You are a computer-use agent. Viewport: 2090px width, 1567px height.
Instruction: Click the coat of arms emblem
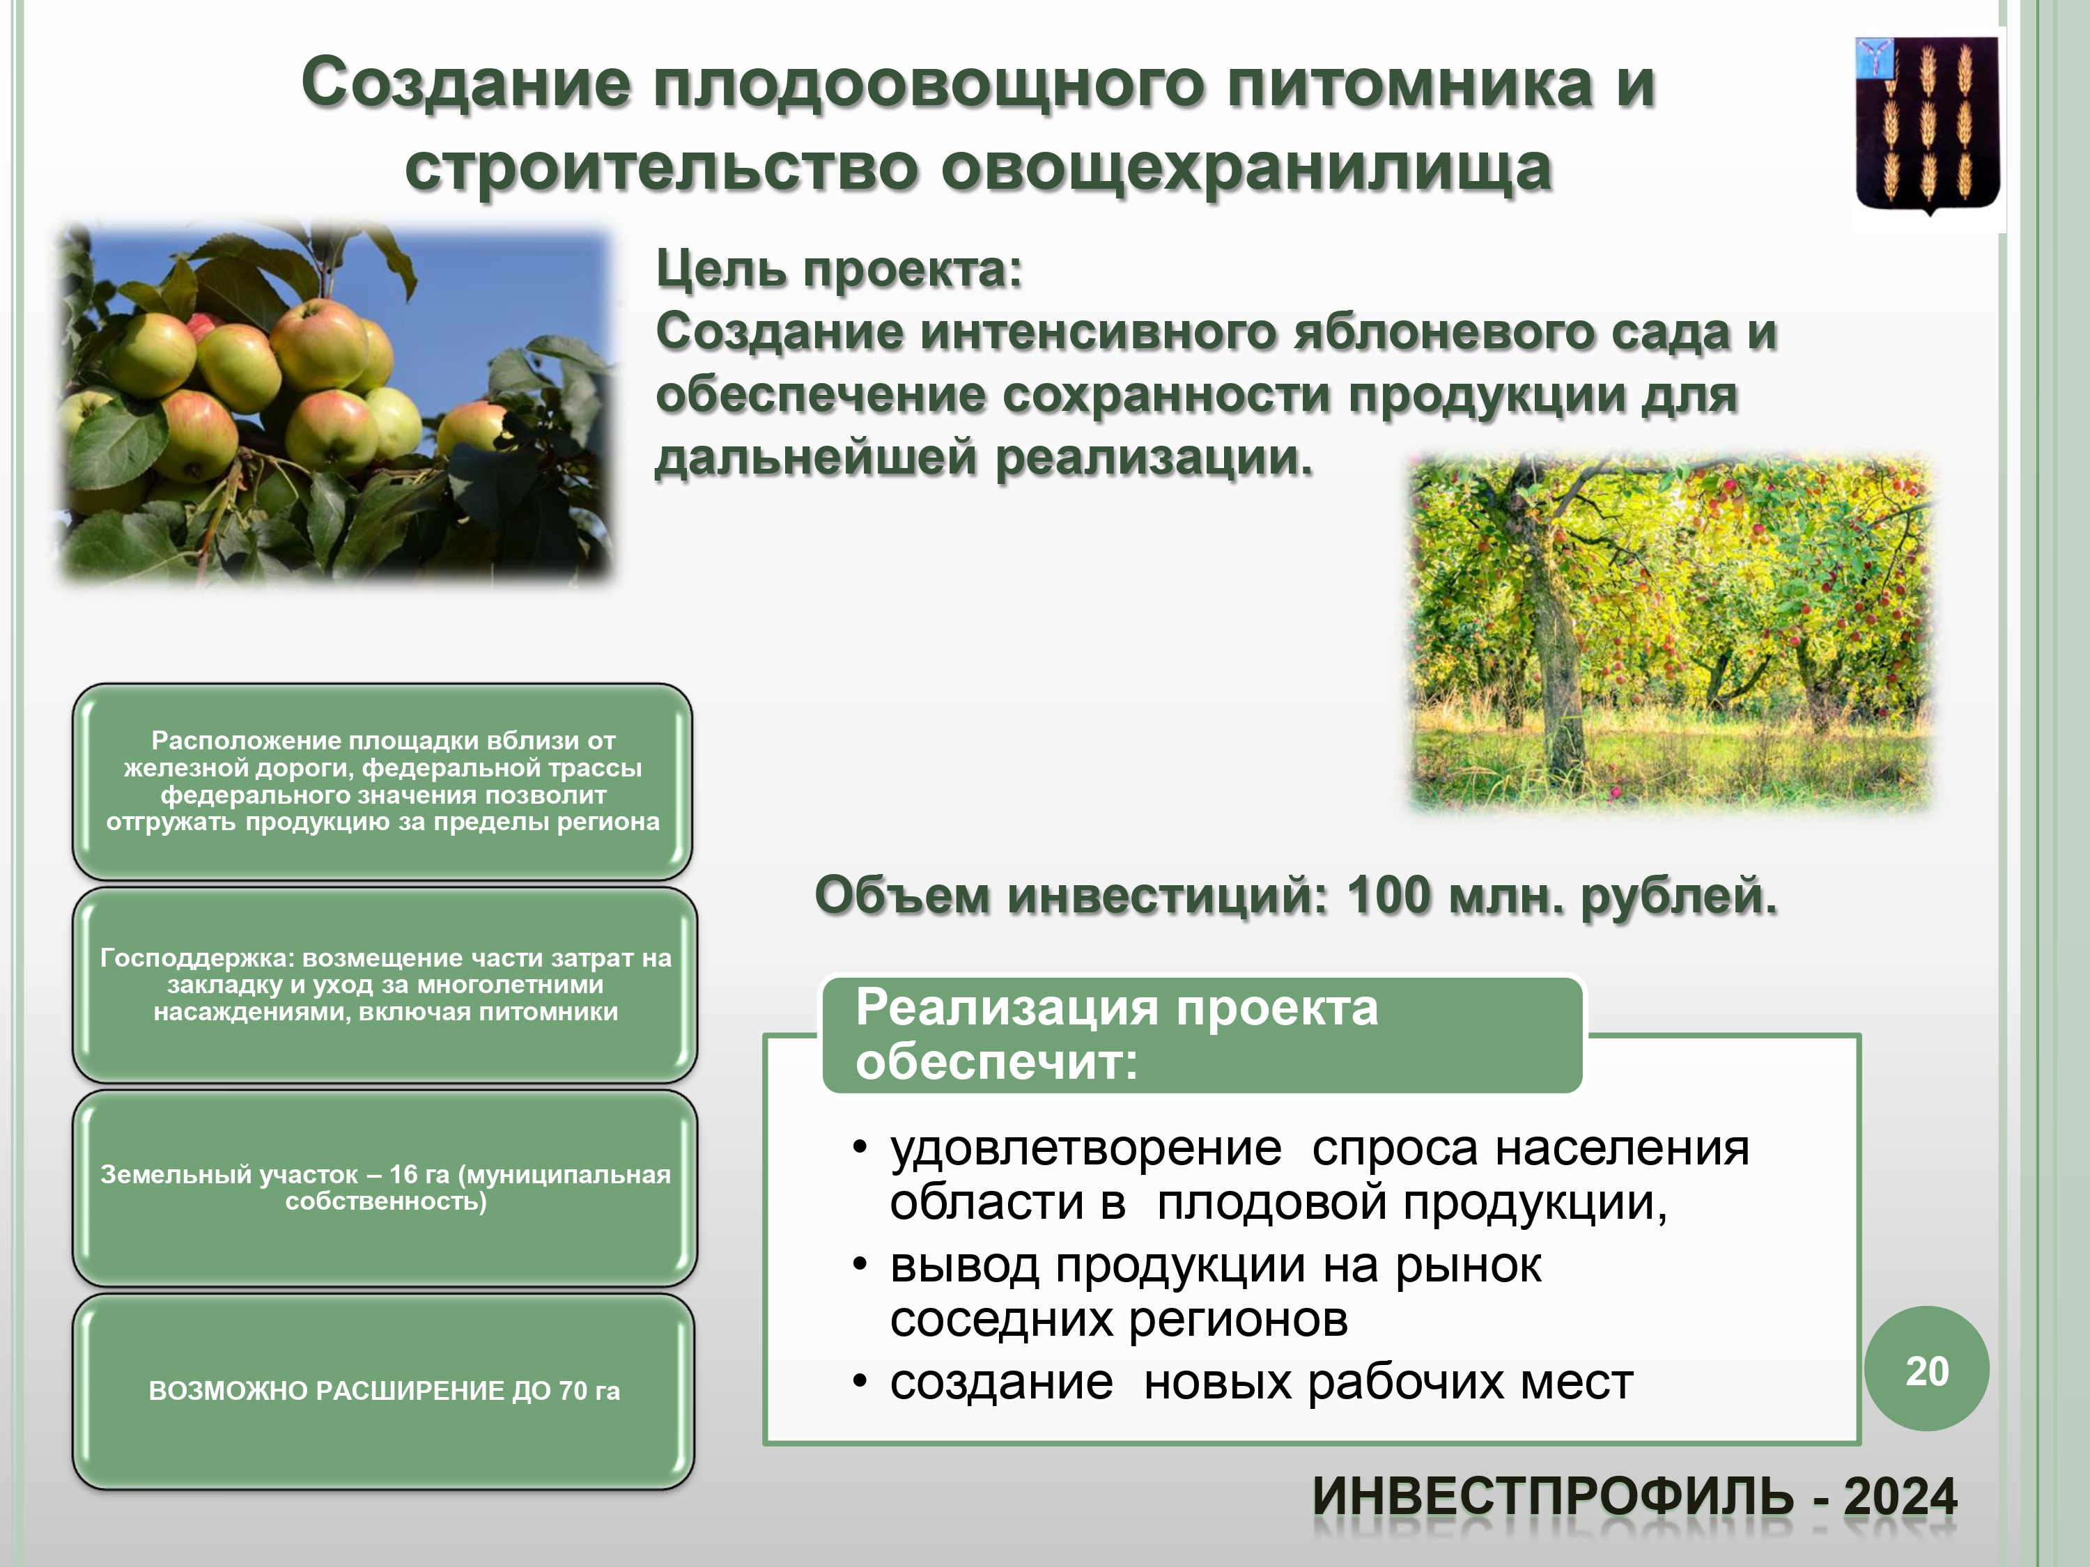click(x=1928, y=125)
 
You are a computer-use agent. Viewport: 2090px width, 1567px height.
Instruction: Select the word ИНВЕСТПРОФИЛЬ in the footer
click(x=1554, y=1497)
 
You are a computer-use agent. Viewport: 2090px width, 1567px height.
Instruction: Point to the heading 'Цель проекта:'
click(x=839, y=270)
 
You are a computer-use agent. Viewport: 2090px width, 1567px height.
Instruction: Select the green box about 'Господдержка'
click(x=385, y=984)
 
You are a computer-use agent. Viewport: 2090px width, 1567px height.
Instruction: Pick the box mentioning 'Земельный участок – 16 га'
click(x=385, y=1187)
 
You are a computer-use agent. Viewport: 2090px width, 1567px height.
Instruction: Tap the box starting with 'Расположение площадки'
click(x=382, y=781)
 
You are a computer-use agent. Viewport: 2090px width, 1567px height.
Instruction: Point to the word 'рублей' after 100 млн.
click(x=1678, y=896)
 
